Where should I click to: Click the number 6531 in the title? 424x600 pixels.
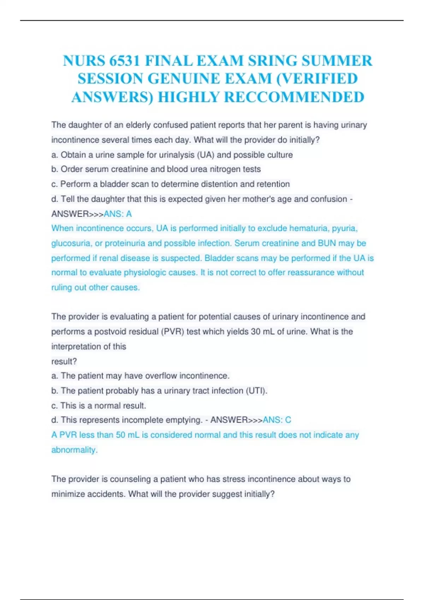pos(125,61)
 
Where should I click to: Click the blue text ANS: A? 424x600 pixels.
pos(118,214)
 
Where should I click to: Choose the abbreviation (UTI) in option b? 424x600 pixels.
pos(257,391)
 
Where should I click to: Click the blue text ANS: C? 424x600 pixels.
pos(277,420)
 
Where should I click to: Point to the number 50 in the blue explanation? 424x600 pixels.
pos(120,435)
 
